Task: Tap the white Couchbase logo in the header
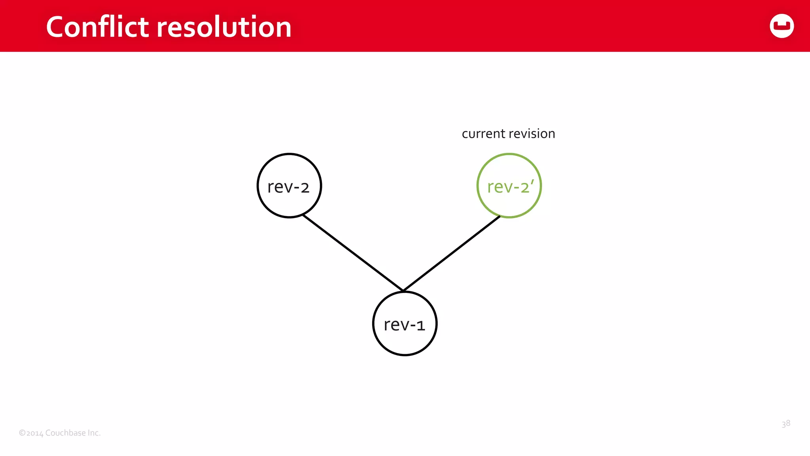(782, 26)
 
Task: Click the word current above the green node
(483, 134)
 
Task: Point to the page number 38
(785, 424)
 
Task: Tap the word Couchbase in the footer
(65, 433)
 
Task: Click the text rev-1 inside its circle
(404, 325)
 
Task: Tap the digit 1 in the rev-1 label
(420, 326)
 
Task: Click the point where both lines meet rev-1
(403, 291)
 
